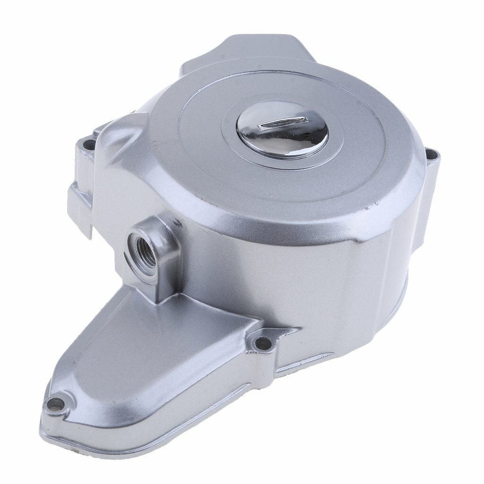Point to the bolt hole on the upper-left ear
pyautogui.click(x=88, y=143)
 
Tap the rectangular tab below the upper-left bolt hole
pyautogui.click(x=78, y=203)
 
